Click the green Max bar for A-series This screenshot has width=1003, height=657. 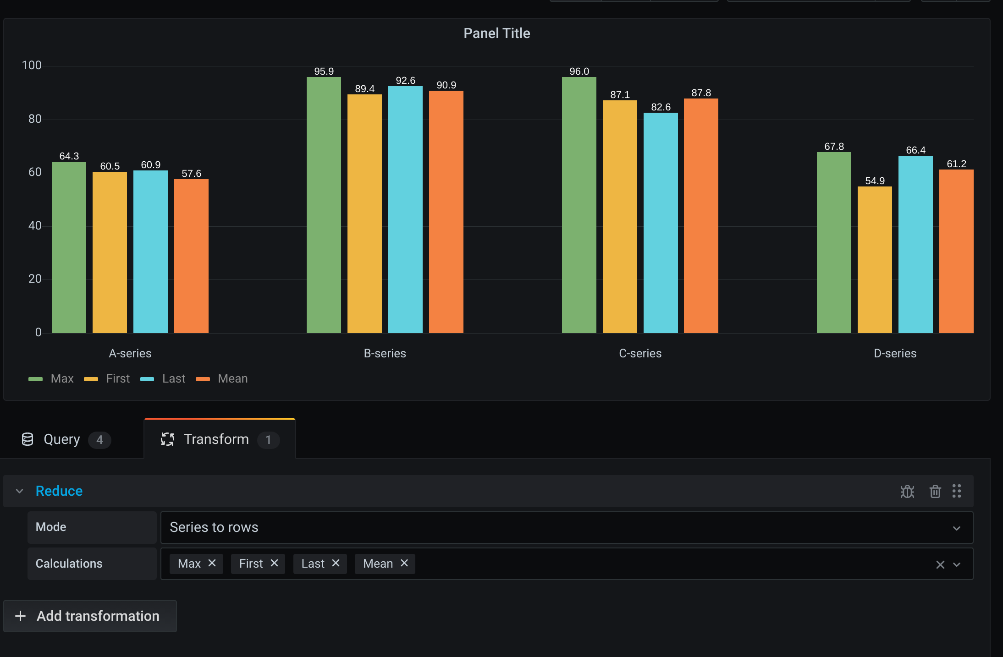pyautogui.click(x=69, y=247)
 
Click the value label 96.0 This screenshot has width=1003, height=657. pyautogui.click(x=579, y=71)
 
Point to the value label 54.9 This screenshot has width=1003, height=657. pyautogui.click(x=875, y=181)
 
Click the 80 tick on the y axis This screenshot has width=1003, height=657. pyautogui.click(x=35, y=119)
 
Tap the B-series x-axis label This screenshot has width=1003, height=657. pyautogui.click(x=385, y=353)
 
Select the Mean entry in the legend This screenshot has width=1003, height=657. pyautogui.click(x=232, y=378)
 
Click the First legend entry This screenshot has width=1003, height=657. pyautogui.click(x=117, y=378)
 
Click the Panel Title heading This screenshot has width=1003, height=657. pyautogui.click(x=496, y=33)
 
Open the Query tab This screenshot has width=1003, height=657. pyautogui.click(x=62, y=439)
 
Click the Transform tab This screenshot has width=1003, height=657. pyautogui.click(x=216, y=439)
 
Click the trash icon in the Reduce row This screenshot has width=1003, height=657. pyautogui.click(x=935, y=491)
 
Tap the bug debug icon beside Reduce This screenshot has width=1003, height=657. pyautogui.click(x=907, y=491)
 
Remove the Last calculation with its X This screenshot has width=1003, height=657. pyautogui.click(x=336, y=563)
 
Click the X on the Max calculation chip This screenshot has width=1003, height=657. pyautogui.click(x=212, y=563)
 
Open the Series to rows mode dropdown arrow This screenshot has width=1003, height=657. pyautogui.click(x=956, y=528)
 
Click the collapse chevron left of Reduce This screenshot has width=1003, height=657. pyautogui.click(x=19, y=491)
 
